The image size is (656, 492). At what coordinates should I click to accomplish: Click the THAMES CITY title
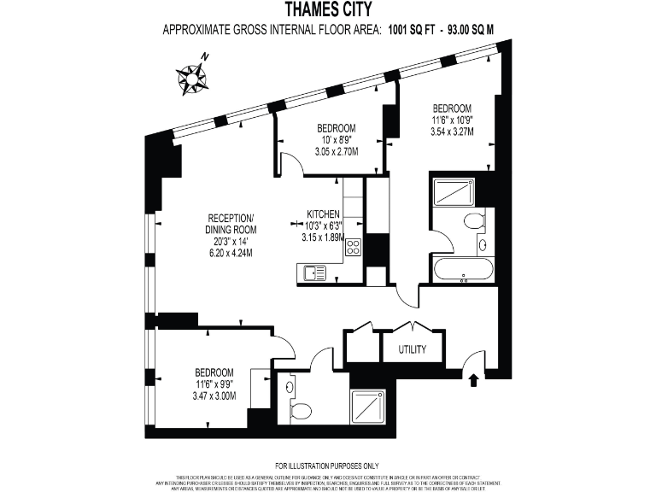(x=328, y=10)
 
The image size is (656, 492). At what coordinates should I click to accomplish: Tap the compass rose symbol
(x=192, y=77)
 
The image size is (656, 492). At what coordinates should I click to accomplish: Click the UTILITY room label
(x=413, y=350)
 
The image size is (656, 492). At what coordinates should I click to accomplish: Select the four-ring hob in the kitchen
(x=353, y=249)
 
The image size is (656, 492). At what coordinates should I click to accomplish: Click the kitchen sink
(x=314, y=273)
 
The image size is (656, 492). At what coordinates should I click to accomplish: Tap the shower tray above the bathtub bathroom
(x=453, y=191)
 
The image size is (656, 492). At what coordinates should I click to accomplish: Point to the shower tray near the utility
(x=372, y=407)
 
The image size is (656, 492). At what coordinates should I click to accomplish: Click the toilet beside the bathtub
(x=475, y=223)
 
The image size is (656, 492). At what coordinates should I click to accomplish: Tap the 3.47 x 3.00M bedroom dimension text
(x=214, y=395)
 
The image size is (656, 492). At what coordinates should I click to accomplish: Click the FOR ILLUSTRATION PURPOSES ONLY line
(x=327, y=466)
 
